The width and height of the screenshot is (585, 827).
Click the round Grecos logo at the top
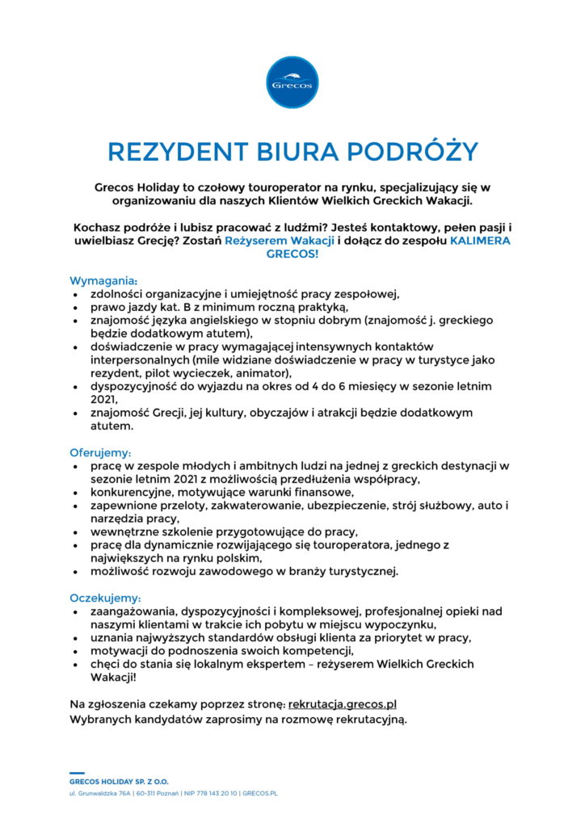[x=292, y=82]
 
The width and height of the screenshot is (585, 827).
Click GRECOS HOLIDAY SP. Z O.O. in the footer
[x=118, y=782]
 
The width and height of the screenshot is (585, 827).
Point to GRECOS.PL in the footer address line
[x=260, y=794]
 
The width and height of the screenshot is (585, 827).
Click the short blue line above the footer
[x=77, y=773]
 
